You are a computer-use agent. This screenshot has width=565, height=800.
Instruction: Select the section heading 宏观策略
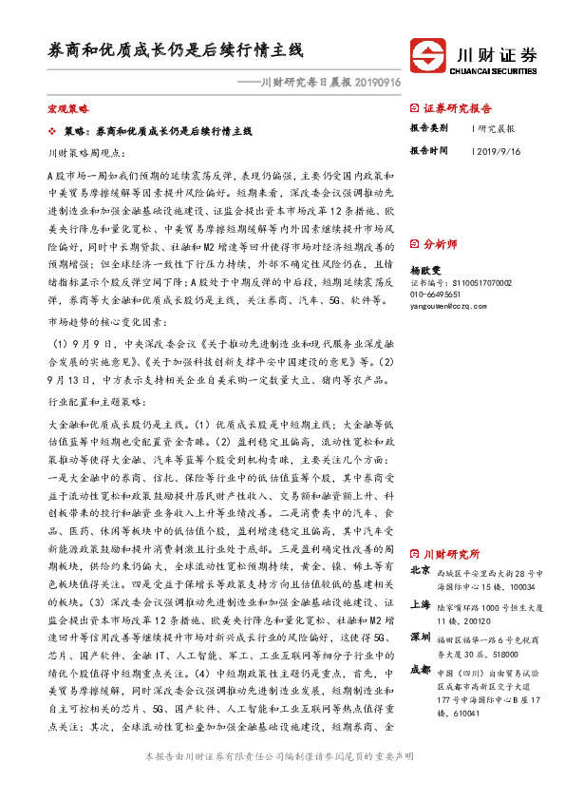coord(66,109)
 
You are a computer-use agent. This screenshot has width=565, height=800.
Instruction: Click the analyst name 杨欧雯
coord(427,270)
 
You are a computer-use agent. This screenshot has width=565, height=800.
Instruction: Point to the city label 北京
coord(420,571)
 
